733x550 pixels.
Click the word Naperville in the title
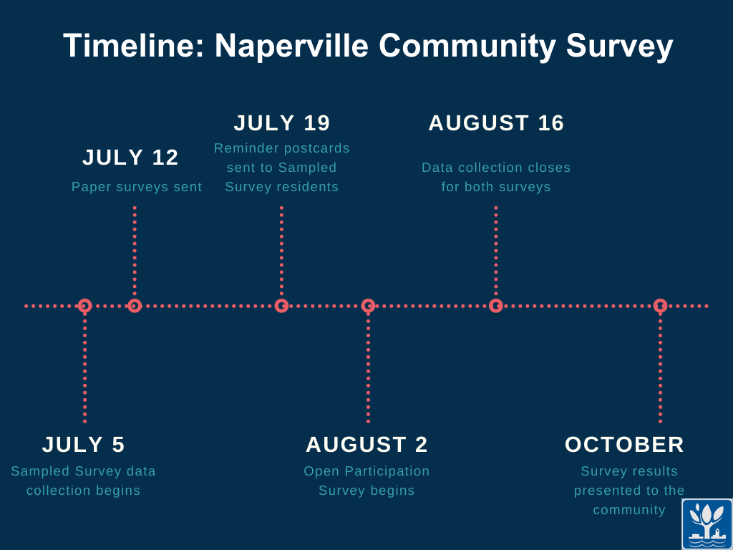pos(291,47)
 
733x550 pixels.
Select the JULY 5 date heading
pos(83,444)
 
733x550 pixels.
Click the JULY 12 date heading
pos(130,157)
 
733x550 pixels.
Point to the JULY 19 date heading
pos(282,123)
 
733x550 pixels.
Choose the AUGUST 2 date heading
pos(366,444)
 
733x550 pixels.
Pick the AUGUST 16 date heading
pos(496,123)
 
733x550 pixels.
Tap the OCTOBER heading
pos(624,444)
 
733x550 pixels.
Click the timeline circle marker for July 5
pos(84,306)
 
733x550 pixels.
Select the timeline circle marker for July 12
pos(135,306)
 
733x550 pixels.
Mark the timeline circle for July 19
pos(281,306)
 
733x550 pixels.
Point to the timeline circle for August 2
pos(369,306)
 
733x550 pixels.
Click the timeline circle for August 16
pos(496,306)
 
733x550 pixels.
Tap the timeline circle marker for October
pos(660,306)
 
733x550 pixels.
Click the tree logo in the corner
pos(707,524)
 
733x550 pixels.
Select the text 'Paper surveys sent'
pos(137,187)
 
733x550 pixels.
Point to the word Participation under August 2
pos(387,471)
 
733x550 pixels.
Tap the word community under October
pos(629,510)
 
